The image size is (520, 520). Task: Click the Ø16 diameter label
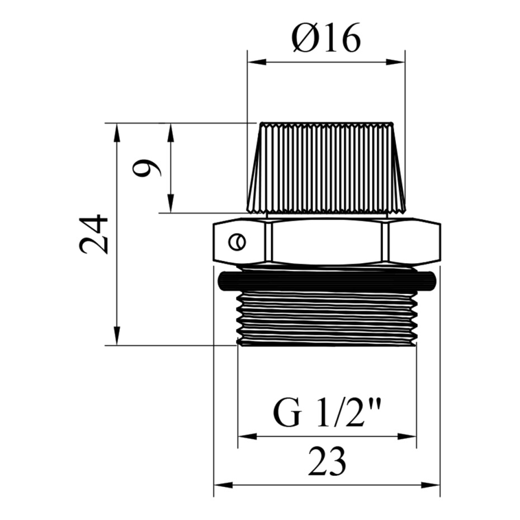click(326, 37)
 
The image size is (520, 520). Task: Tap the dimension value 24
click(93, 234)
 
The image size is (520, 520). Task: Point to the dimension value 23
click(327, 461)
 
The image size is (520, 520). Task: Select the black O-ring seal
click(327, 281)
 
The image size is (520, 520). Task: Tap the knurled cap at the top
click(327, 168)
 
